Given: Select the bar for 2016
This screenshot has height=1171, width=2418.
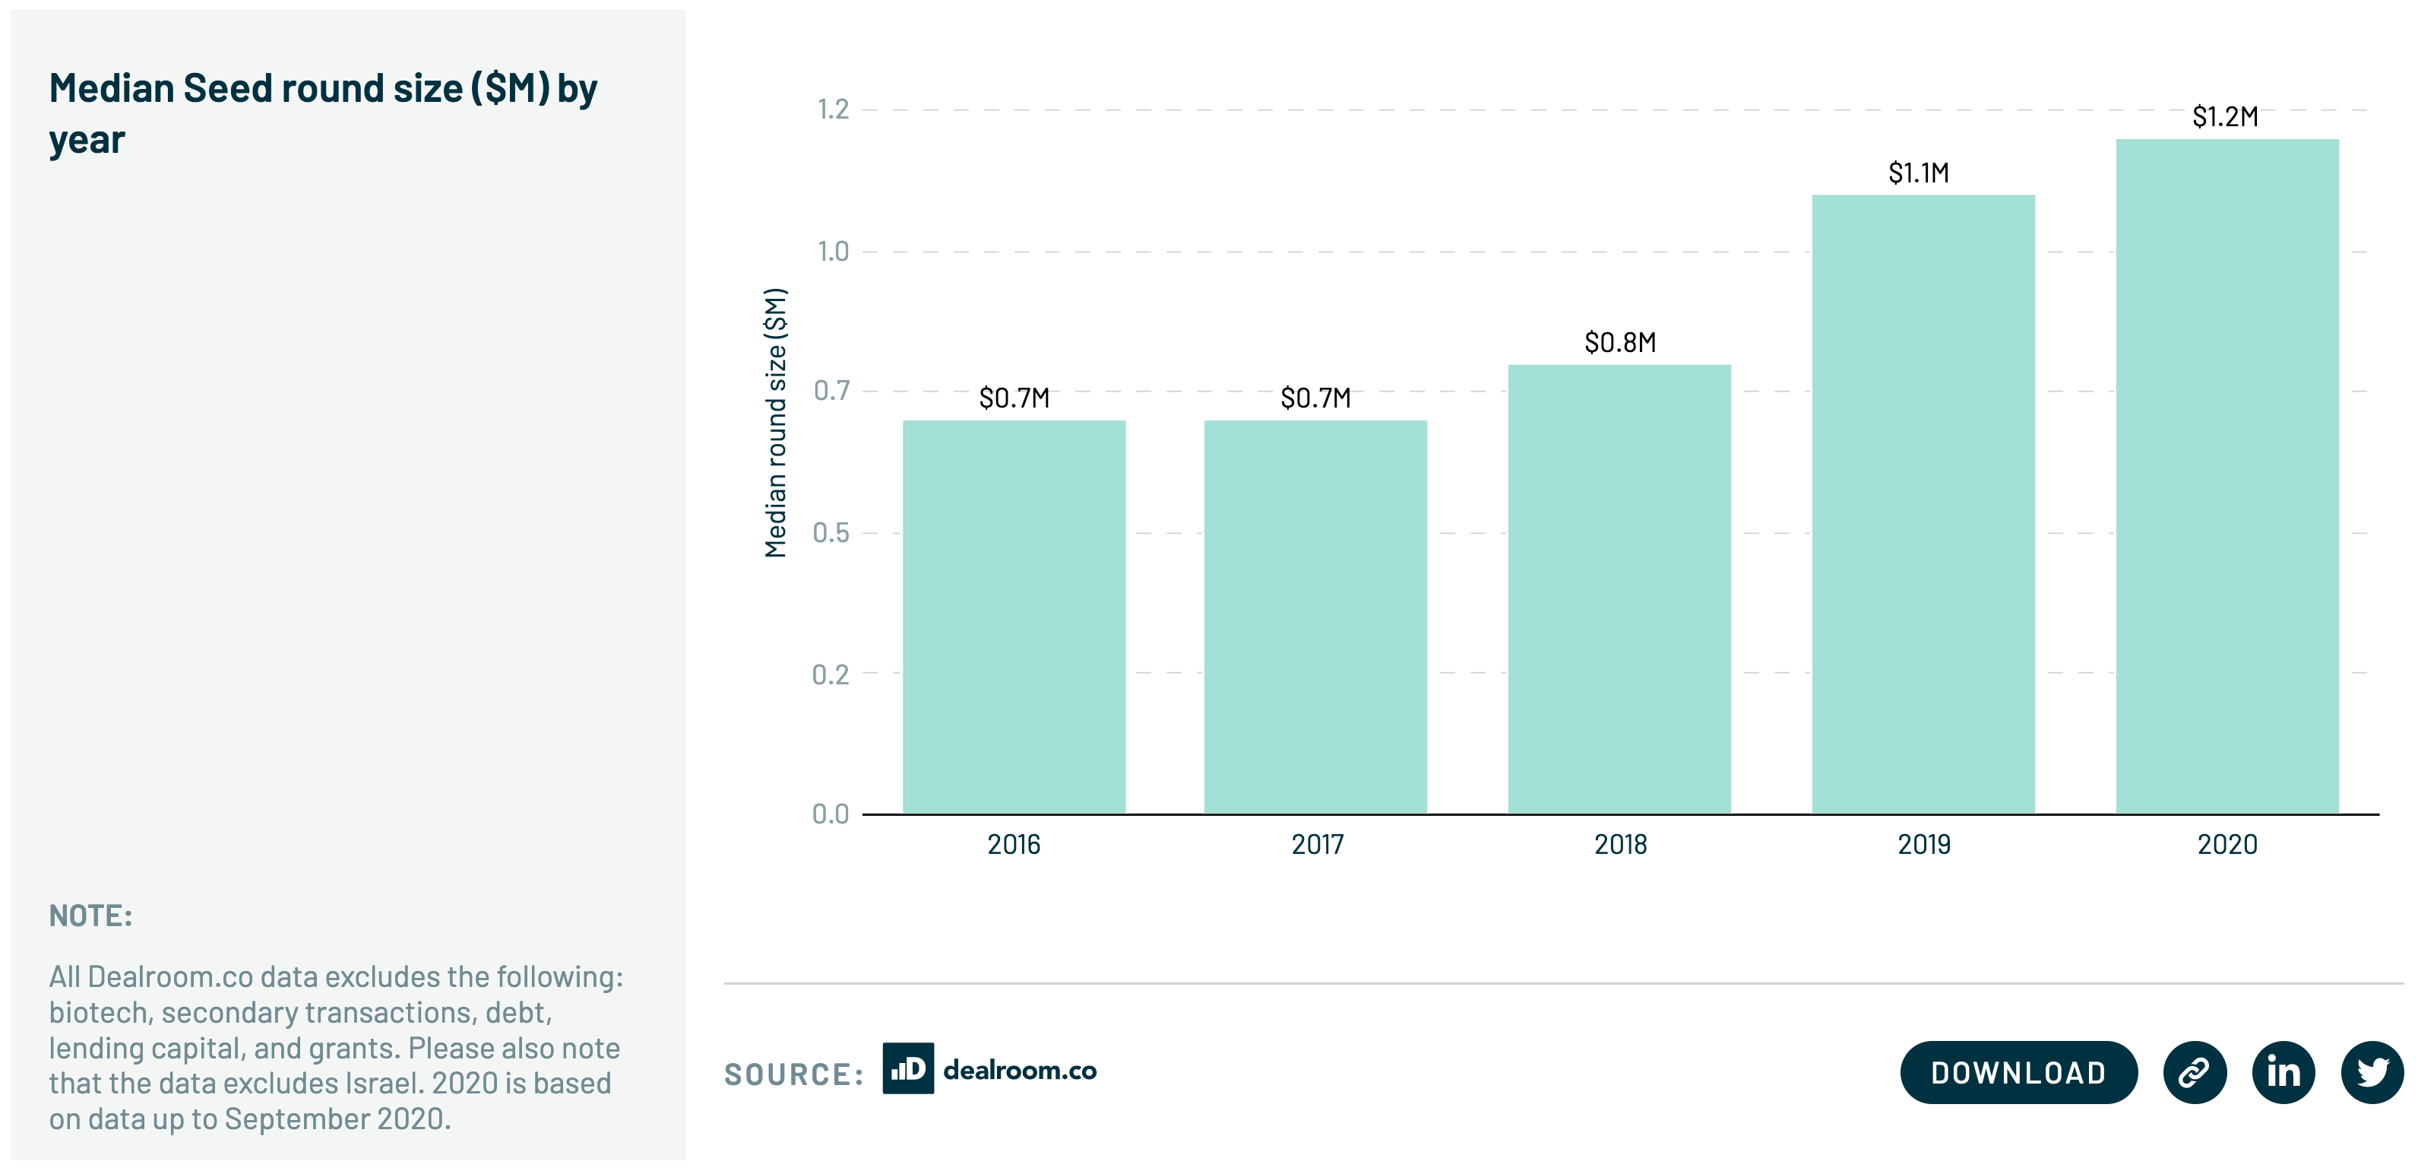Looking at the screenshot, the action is pos(1014,617).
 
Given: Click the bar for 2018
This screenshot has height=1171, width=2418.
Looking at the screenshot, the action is pos(1619,589).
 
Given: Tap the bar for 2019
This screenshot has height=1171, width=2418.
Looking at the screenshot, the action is pos(1923,504).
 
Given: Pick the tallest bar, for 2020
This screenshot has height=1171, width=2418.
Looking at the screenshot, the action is pos(2227,476).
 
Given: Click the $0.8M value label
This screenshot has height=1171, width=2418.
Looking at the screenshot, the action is pos(1620,343).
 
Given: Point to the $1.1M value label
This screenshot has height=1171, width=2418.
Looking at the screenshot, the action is pos(1919,173).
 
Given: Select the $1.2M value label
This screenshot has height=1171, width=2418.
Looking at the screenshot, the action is pos(2225,117).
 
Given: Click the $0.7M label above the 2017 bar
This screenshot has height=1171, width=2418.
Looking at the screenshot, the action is pos(1316,398).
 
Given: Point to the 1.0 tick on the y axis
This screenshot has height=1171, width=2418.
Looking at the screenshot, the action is pos(833,252).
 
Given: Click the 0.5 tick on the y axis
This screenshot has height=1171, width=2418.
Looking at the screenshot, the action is pos(831,533).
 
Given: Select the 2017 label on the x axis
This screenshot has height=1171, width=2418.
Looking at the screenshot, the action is pos(1317,845).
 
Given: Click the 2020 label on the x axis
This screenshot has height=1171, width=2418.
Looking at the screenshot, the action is pos(2227,845).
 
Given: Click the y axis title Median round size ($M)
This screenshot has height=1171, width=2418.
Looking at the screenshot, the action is pos(775,423).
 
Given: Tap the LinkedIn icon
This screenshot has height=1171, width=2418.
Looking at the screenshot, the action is pos(2283,1072).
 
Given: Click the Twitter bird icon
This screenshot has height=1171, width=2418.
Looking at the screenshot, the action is pos(2372,1072).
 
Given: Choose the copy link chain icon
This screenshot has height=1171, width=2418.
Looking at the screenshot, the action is pos(2195,1072).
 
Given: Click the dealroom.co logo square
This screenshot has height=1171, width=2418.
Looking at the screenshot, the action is pos(907,1068).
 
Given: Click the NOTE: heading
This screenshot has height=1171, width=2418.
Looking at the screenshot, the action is pos(91,916).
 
